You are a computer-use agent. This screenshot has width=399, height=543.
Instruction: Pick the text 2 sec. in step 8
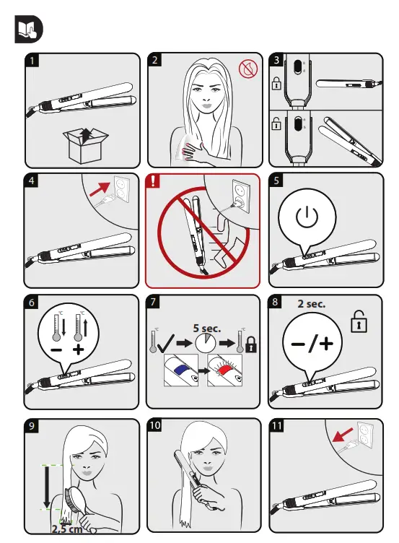[312, 304]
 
